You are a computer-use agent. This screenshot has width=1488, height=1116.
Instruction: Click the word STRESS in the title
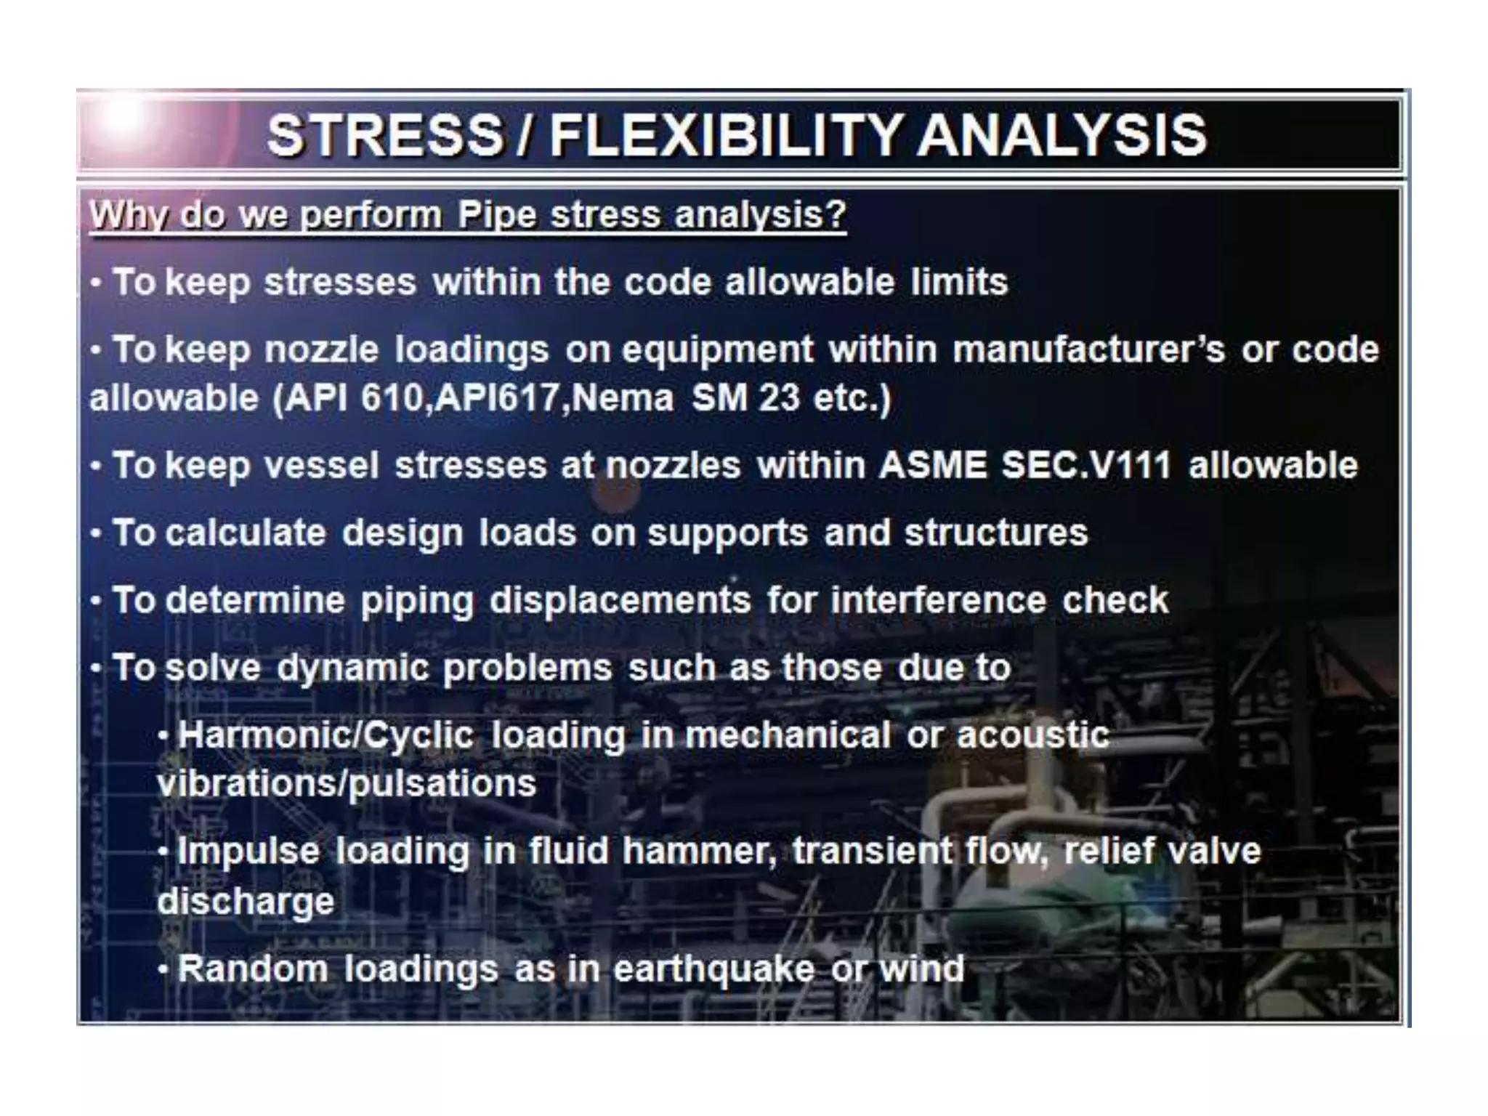[x=385, y=136]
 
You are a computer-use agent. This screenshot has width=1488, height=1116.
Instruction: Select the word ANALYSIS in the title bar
[x=1062, y=136]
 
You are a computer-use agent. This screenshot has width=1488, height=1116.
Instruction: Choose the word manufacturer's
[x=1088, y=349]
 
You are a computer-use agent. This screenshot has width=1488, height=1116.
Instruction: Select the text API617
[x=501, y=398]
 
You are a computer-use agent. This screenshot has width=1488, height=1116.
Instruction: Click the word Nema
[x=623, y=398]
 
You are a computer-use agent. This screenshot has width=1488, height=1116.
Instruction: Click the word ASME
[x=932, y=465]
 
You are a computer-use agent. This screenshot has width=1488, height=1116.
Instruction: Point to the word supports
[x=727, y=534]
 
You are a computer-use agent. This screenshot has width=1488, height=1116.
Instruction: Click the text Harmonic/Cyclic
[x=326, y=735]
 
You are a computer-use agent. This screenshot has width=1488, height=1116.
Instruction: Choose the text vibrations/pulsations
[x=347, y=784]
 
